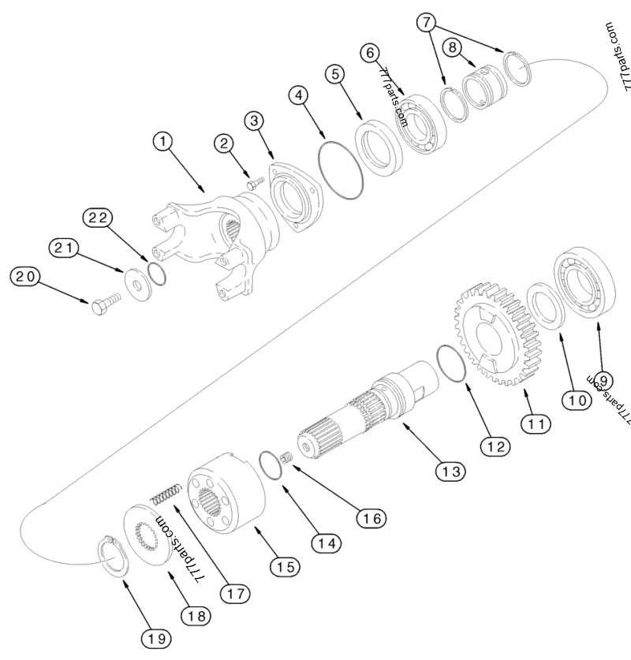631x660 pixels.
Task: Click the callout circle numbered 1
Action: coord(162,141)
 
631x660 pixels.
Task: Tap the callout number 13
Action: coord(451,471)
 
